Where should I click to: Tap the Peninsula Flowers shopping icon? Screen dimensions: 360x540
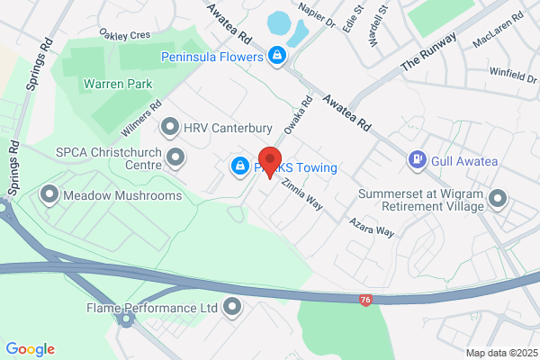coord(278,57)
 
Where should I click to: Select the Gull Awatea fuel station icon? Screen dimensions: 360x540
coord(417,160)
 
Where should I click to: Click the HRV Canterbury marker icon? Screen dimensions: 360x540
coord(169,128)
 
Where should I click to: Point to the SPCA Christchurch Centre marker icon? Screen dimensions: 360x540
coord(176,160)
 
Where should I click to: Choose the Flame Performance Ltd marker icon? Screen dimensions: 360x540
coord(233,308)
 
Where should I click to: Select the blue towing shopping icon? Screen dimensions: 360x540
coord(239,166)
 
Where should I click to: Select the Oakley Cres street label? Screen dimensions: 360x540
coord(125,34)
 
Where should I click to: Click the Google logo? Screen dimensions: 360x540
coord(30,349)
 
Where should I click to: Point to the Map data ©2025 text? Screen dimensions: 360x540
coord(500,352)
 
